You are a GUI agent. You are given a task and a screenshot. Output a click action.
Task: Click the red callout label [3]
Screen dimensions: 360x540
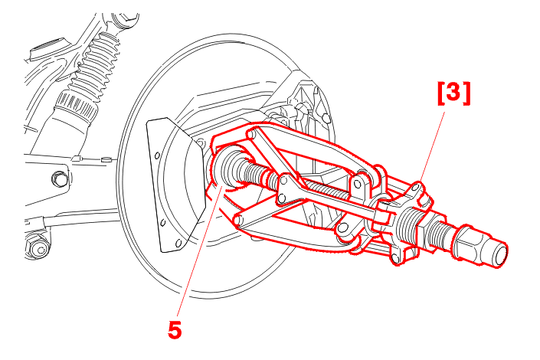pyautogui.click(x=453, y=93)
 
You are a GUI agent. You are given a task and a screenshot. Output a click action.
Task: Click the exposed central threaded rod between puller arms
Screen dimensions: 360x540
pyautogui.click(x=322, y=190)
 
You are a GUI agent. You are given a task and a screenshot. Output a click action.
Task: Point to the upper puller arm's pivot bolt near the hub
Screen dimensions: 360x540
pyautogui.click(x=251, y=133)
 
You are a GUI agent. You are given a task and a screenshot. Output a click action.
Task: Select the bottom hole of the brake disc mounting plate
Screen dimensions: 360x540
pyautogui.click(x=178, y=244)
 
